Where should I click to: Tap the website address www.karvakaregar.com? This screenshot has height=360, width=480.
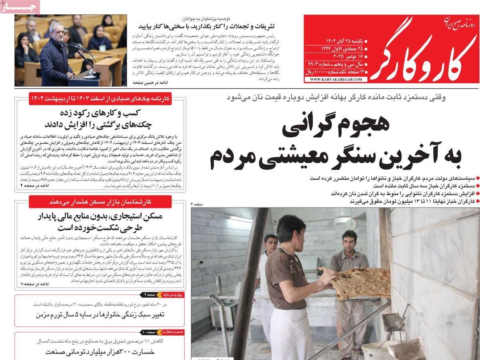pos(336,80)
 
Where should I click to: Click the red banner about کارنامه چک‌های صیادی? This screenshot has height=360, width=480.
pos(100,98)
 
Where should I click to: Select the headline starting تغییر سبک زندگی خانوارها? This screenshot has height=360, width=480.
pos(100,315)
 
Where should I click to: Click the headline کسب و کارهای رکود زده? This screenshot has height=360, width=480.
pos(100,118)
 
